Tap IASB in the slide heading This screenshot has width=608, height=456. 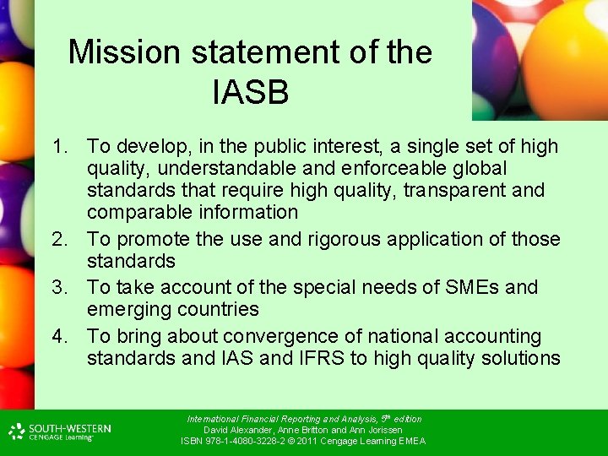pos(251,92)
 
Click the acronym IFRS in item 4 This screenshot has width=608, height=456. pos(320,358)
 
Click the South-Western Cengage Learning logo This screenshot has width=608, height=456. pos(60,432)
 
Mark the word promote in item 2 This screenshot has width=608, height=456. pos(149,239)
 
